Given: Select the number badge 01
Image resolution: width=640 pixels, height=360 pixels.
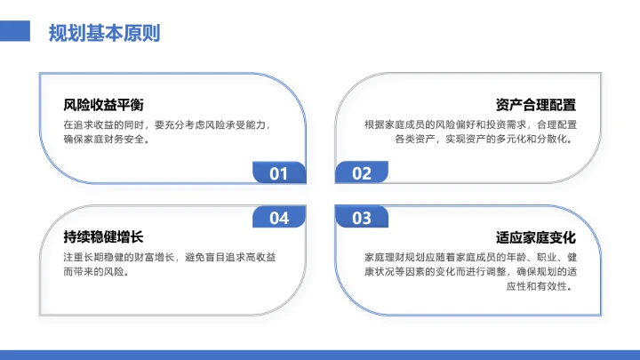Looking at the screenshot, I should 279,173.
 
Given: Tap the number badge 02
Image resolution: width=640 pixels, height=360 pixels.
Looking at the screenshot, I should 362,173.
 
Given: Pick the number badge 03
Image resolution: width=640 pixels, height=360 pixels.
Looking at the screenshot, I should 362,218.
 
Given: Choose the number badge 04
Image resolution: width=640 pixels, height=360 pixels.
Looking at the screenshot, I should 279,218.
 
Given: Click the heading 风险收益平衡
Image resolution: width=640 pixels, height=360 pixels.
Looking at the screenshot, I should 104,105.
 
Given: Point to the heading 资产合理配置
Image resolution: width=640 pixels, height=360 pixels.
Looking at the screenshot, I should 536,105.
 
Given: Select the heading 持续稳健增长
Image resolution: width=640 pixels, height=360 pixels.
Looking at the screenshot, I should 104,237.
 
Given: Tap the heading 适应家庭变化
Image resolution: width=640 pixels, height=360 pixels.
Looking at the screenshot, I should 536,237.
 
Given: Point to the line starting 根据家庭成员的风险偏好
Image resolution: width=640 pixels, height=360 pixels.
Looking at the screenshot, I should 470,125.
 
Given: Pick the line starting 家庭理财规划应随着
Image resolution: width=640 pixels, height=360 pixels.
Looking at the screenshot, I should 470,258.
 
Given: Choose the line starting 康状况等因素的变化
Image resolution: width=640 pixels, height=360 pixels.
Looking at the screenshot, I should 470,272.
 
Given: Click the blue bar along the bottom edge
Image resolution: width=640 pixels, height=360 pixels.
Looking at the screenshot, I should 320,354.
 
